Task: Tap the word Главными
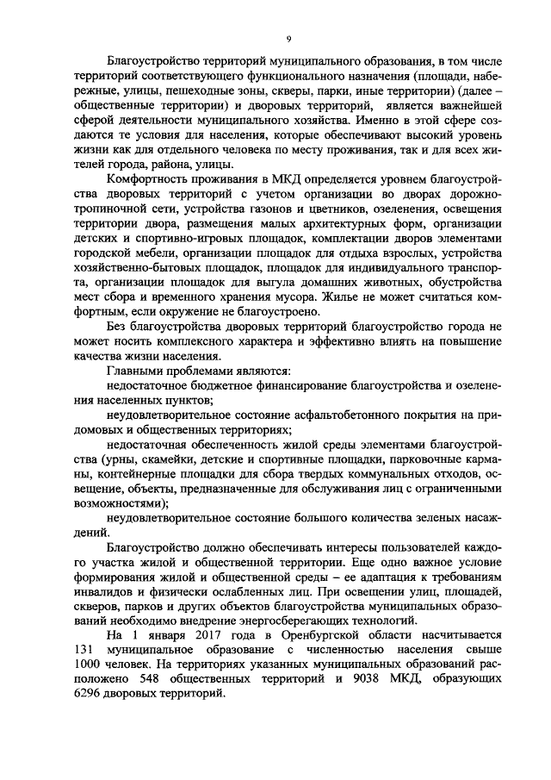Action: [133, 369]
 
